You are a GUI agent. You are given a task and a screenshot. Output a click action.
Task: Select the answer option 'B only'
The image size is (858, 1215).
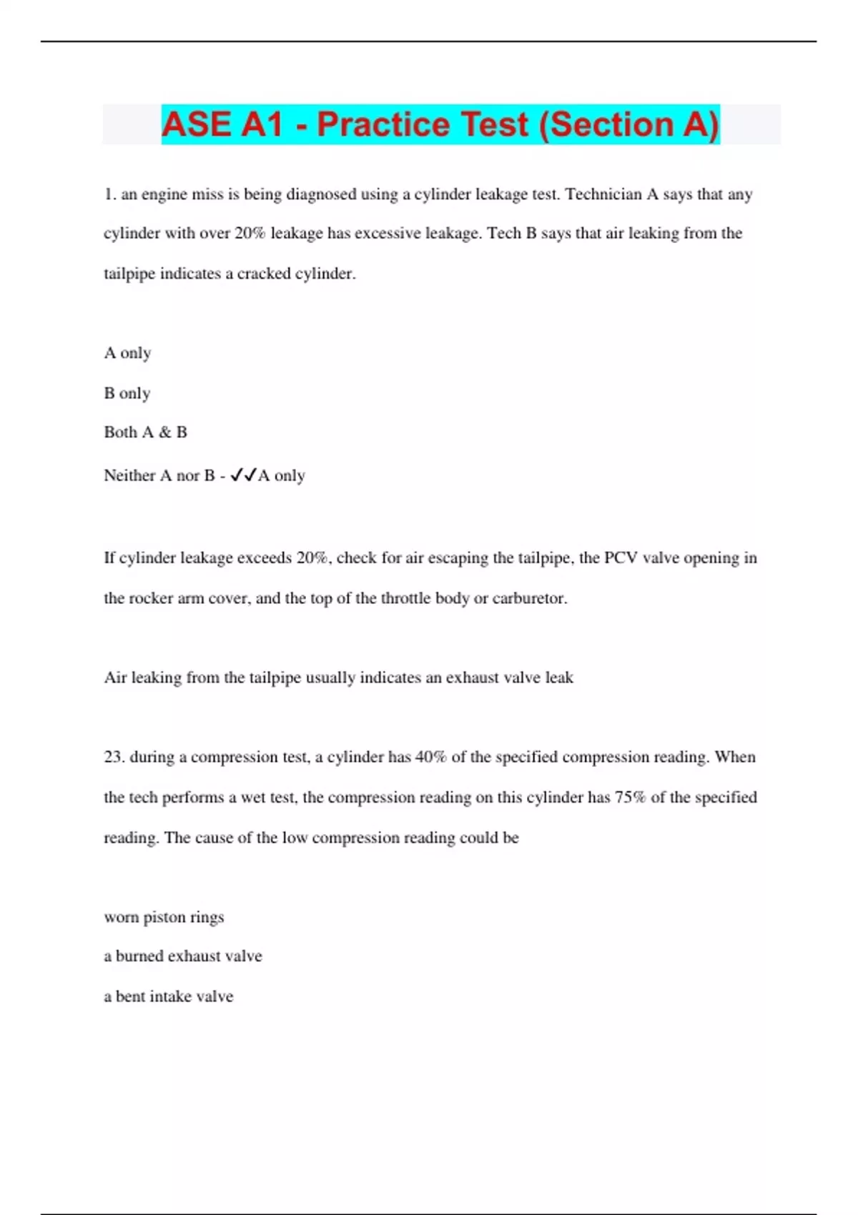(127, 393)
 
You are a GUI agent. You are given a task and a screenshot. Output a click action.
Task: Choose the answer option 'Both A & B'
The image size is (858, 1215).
(145, 432)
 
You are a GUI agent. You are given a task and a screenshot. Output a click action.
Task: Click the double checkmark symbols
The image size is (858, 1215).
(243, 475)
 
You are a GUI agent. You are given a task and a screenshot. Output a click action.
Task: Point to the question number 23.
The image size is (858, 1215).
(114, 757)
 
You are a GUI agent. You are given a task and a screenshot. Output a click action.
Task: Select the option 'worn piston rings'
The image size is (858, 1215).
(164, 917)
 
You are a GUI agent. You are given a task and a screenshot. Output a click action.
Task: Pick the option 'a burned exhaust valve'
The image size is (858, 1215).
(183, 956)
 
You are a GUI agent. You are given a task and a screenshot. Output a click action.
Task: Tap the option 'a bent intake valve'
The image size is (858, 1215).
(169, 996)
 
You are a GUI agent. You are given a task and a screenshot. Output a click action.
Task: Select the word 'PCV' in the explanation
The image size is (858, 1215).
(621, 558)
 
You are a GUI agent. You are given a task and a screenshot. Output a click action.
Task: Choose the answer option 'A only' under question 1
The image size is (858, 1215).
(127, 353)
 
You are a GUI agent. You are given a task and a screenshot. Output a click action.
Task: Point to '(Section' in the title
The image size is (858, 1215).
(607, 125)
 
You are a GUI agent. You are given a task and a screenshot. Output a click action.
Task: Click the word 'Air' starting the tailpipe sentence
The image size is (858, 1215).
(114, 678)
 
